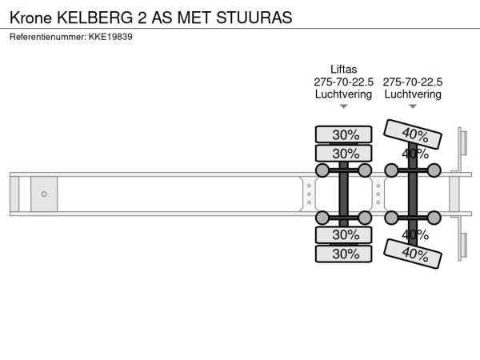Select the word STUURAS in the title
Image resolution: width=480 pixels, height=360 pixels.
pyautogui.click(x=254, y=18)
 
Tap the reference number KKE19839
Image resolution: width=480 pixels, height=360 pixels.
pyautogui.click(x=110, y=37)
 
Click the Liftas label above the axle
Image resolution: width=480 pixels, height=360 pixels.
pyautogui.click(x=343, y=69)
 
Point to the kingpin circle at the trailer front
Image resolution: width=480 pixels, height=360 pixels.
pyautogui.click(x=44, y=194)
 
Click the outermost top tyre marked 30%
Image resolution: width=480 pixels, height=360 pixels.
pyautogui.click(x=343, y=134)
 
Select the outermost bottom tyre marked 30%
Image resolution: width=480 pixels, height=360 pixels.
pyautogui.click(x=343, y=254)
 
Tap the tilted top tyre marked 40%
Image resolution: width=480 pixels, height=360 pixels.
pyautogui.click(x=413, y=134)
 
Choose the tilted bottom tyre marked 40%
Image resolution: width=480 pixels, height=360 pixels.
pyautogui.click(x=413, y=254)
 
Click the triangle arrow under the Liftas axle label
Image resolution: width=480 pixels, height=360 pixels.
pyautogui.click(x=343, y=106)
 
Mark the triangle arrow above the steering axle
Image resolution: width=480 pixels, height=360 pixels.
pyautogui.click(x=413, y=106)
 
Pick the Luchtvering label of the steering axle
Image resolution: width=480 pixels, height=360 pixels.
pyautogui.click(x=413, y=94)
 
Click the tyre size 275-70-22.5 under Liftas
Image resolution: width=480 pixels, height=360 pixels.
pyautogui.click(x=343, y=82)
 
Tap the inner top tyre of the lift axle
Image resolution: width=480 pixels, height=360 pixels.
pyautogui.click(x=343, y=154)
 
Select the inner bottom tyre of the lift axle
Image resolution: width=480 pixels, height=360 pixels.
pyautogui.click(x=343, y=234)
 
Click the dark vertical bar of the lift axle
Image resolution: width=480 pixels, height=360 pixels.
pyautogui.click(x=343, y=194)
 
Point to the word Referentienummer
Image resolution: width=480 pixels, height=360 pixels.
pyautogui.click(x=48, y=37)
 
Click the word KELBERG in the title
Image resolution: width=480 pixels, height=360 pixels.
pyautogui.click(x=95, y=18)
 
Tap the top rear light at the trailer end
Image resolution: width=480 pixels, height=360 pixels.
pyautogui.click(x=464, y=142)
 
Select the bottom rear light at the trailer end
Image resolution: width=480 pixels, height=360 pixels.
pyautogui.click(x=464, y=246)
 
